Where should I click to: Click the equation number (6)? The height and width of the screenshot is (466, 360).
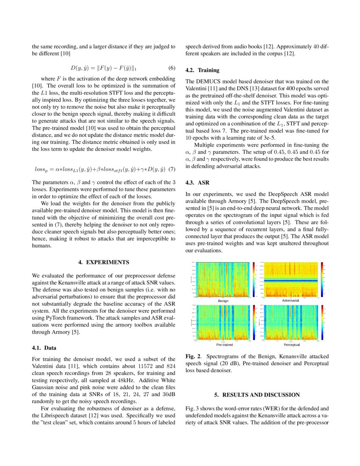pyautogui.click(x=172, y=68)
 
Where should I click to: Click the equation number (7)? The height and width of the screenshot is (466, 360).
pyautogui.click(x=172, y=169)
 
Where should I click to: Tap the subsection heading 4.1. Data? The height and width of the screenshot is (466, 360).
pyautogui.click(x=44, y=348)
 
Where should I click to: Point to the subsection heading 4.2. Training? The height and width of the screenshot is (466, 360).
pyautogui.click(x=202, y=70)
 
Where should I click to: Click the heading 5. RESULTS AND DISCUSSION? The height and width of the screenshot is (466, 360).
pyautogui.click(x=257, y=395)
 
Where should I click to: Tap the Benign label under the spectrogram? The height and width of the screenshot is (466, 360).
pyautogui.click(x=223, y=300)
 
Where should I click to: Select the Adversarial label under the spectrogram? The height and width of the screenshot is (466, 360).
pyautogui.click(x=290, y=300)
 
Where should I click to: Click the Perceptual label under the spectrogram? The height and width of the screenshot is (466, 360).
pyautogui.click(x=290, y=344)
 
